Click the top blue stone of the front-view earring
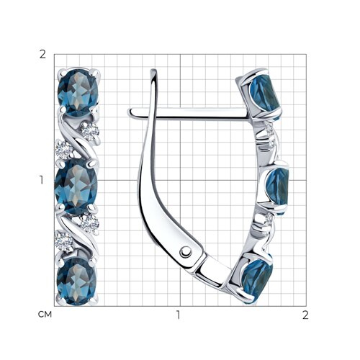click(78, 92)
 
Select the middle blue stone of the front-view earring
click(76, 186)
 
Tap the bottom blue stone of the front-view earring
click(77, 281)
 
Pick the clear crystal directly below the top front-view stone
click(90, 131)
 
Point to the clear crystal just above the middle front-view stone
click(64, 150)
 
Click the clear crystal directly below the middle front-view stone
click(89, 224)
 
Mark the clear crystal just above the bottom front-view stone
click(63, 240)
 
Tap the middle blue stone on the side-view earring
click(276, 189)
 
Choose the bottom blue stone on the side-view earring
click(257, 279)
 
